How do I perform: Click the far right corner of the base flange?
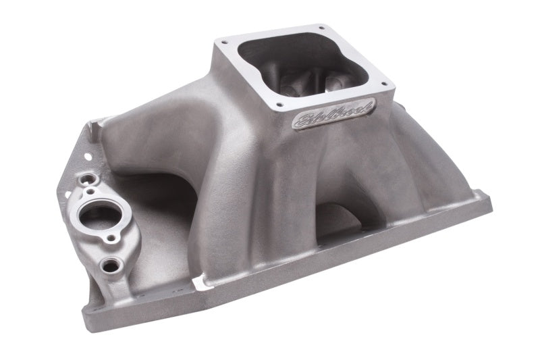click(x=490, y=203)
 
